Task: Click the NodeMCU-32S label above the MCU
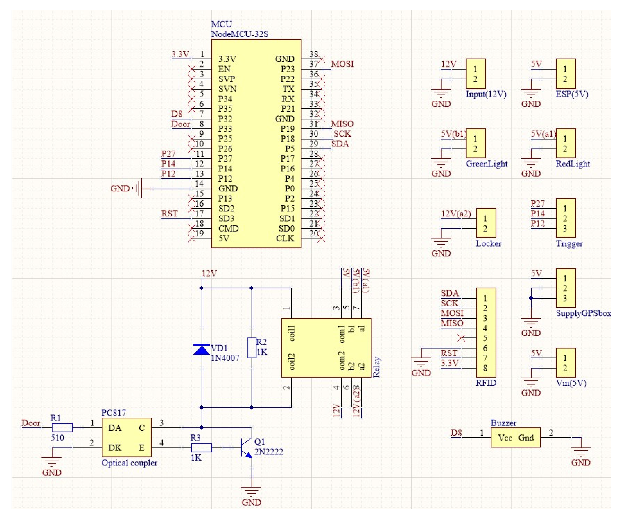(x=239, y=34)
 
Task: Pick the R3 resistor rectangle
(x=201, y=448)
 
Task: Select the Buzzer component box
(x=515, y=437)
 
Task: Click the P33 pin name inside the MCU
(x=225, y=129)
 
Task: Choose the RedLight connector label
(x=573, y=164)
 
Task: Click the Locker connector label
(x=488, y=244)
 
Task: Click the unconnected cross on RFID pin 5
(x=461, y=338)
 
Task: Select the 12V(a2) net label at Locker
(x=456, y=214)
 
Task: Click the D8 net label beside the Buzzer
(x=456, y=433)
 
